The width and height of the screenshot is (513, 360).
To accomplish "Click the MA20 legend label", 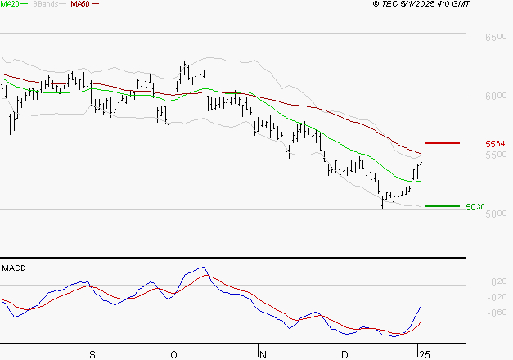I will (x=11, y=4).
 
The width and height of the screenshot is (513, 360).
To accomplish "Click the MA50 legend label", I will (x=80, y=4).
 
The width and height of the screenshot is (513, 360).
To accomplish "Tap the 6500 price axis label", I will (x=496, y=38).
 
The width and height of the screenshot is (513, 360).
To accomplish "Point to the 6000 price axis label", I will (x=496, y=97).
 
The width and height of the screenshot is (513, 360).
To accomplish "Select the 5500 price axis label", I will (x=496, y=155).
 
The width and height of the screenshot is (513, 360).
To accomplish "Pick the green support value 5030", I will (x=475, y=207).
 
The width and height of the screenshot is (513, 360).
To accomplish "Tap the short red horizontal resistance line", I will (x=442, y=143).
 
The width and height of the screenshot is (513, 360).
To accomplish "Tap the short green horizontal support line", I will (x=442, y=206).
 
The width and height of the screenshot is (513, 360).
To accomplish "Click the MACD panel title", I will (x=14, y=268).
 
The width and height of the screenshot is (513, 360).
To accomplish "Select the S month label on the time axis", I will (x=92, y=354).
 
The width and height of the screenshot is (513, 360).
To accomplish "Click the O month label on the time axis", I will (x=173, y=354).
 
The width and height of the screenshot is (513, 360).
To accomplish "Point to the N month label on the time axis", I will (x=263, y=354).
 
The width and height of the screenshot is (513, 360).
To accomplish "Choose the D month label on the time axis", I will (x=344, y=354).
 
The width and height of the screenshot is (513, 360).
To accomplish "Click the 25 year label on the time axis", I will (x=423, y=354).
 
